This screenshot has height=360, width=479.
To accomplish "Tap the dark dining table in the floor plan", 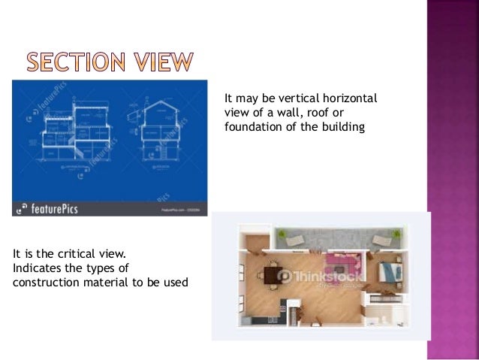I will pos(270,274).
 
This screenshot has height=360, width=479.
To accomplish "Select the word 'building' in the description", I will pos(339,126).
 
